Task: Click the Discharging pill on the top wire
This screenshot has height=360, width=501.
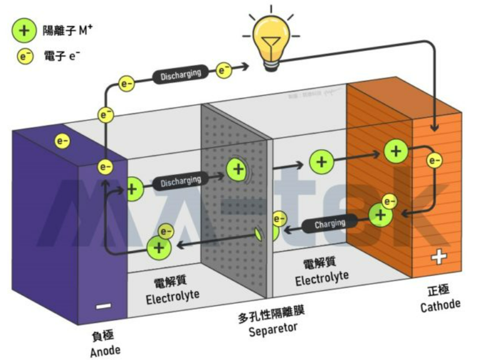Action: click(180, 75)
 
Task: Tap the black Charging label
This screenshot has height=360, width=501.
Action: click(329, 223)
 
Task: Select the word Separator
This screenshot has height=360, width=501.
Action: click(273, 330)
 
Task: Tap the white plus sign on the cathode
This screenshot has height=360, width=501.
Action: click(438, 258)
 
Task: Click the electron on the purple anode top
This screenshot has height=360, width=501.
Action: click(62, 140)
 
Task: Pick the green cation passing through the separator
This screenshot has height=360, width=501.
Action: click(236, 169)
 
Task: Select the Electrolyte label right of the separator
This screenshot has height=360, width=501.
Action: click(322, 280)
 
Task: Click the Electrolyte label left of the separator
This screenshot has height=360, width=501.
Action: click(172, 298)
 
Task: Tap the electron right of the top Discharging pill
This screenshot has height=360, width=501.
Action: click(224, 70)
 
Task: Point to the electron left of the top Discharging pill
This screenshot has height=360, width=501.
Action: click(127, 83)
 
